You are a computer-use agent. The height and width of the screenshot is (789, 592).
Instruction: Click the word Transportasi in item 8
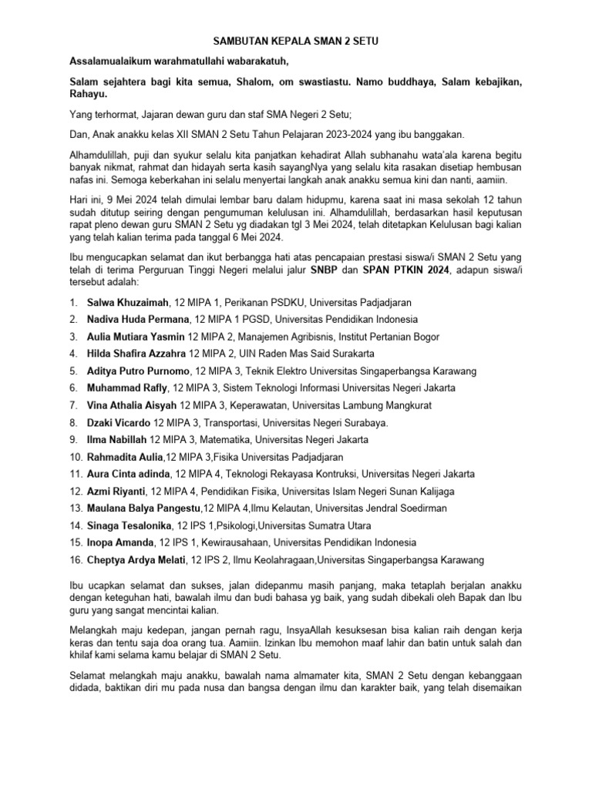click(x=230, y=422)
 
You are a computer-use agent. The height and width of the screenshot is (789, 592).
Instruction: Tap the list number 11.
click(x=76, y=474)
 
